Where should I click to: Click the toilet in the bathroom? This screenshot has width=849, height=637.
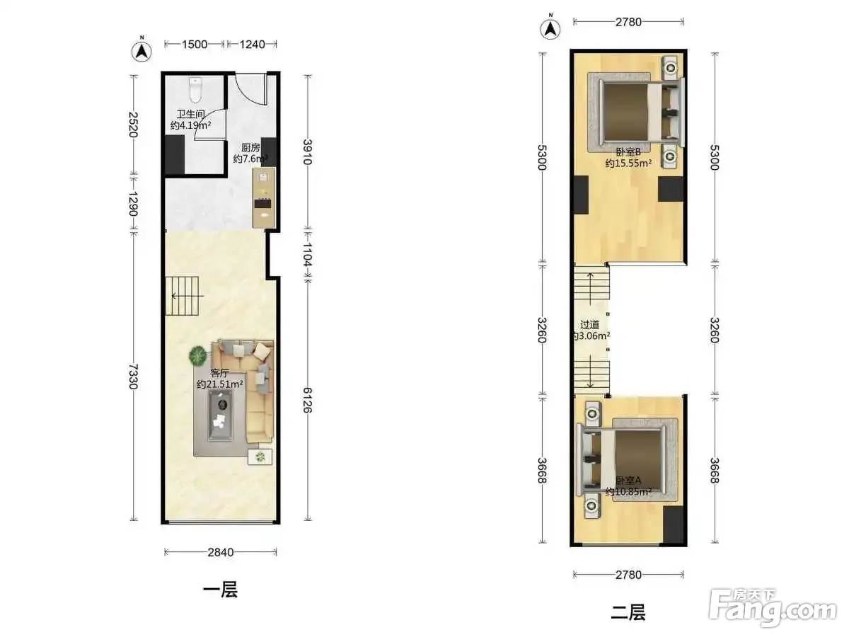coord(195,88)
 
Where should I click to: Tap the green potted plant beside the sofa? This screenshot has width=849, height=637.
coord(198,355)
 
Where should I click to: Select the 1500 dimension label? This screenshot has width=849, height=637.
coord(195,44)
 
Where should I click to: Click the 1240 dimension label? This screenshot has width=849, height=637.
coord(252,44)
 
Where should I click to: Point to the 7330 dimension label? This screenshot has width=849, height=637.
coord(134,377)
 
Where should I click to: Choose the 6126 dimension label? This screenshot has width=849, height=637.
coord(307,400)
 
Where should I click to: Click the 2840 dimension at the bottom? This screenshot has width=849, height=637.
coord(221,552)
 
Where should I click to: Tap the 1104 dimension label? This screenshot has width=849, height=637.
coord(307,255)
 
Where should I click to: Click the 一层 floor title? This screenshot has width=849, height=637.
coord(221,590)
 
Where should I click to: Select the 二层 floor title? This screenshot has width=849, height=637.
coord(628,612)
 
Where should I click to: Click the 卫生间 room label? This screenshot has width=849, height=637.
coord(190,114)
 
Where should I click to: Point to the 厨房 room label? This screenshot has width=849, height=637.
coord(250,147)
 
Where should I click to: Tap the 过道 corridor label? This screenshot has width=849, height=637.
coord(589,325)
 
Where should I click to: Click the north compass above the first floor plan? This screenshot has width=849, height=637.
coord(141,51)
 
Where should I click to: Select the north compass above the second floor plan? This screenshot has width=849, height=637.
coord(550,28)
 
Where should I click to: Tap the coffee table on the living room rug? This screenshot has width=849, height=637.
coord(221,415)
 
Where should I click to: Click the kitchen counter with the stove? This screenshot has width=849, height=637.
coord(264,197)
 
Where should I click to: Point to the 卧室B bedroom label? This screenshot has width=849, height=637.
coord(628,152)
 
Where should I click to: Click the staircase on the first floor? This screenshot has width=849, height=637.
coord(182,296)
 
